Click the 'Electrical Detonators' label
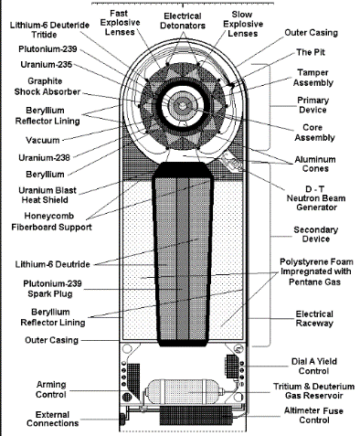183,21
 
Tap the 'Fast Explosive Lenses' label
120,23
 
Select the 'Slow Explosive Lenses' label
243,24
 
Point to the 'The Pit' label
311,52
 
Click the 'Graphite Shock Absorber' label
48,87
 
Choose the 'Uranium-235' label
47,65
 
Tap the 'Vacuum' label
43,140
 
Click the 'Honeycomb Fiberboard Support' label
51,221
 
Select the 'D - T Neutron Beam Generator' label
316,198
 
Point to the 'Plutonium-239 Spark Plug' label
52,289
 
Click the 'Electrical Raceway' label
314,319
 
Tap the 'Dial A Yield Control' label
314,367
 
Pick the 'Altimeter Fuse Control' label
313,415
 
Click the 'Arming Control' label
51,389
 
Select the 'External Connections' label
53,419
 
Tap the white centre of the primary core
182,106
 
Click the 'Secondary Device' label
316,234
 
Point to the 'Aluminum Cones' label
315,164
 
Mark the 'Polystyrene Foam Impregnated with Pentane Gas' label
315,271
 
